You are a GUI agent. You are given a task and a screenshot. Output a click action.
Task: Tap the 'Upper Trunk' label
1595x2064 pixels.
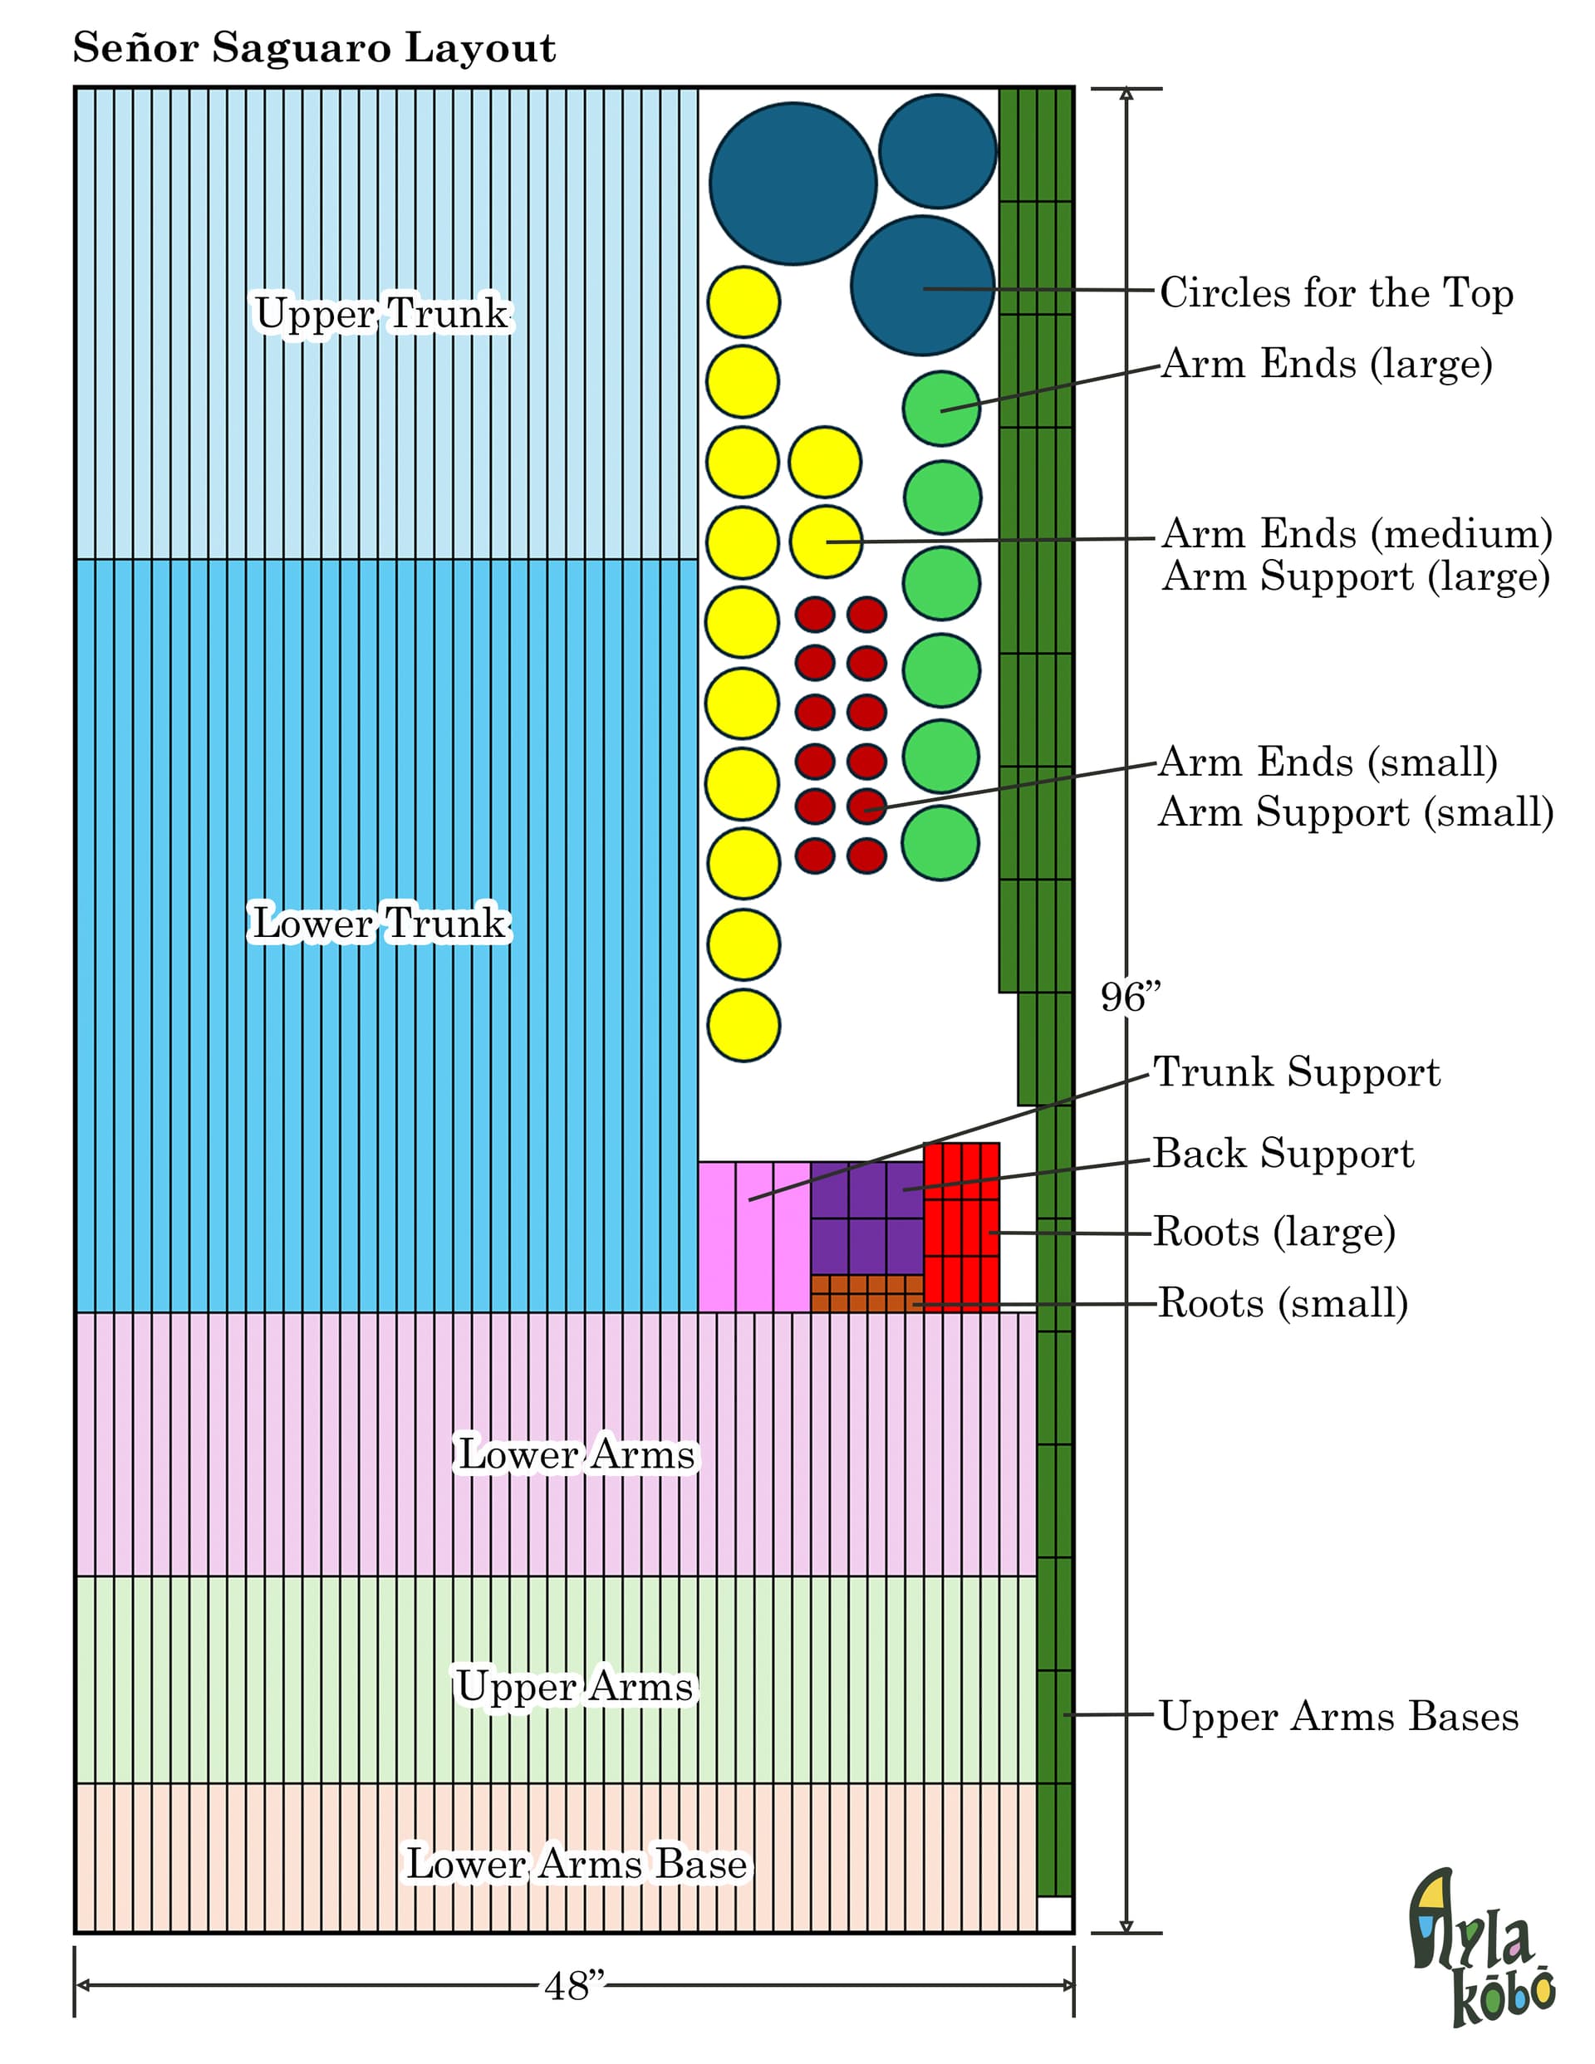pyautogui.click(x=382, y=314)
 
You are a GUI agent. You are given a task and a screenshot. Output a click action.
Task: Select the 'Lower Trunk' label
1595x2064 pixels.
pyautogui.click(x=380, y=923)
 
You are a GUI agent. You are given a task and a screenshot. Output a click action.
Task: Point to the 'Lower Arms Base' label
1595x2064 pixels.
pyautogui.click(x=577, y=1864)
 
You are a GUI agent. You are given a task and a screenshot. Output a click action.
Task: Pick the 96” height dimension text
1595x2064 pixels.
pyautogui.click(x=1130, y=997)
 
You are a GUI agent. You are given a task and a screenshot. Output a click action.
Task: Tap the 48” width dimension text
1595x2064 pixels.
pyautogui.click(x=574, y=1986)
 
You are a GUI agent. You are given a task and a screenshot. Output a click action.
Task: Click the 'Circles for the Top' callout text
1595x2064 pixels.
pyautogui.click(x=1337, y=294)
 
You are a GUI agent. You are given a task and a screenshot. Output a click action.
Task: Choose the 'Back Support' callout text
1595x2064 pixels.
pyautogui.click(x=1283, y=1154)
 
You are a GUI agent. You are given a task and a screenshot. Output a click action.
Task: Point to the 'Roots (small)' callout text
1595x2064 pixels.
pyautogui.click(x=1283, y=1303)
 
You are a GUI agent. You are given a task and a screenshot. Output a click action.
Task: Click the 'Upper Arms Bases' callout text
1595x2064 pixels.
pyautogui.click(x=1339, y=1716)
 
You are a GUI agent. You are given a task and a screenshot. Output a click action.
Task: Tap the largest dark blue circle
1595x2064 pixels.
pyautogui.click(x=793, y=184)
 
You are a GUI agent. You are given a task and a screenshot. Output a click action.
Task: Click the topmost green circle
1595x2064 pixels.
pyautogui.click(x=940, y=409)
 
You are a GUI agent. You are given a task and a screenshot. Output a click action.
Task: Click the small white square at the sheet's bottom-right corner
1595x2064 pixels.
pyautogui.click(x=1054, y=1914)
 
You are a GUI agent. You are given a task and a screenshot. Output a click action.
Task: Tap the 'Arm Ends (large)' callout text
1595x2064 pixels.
pyautogui.click(x=1327, y=365)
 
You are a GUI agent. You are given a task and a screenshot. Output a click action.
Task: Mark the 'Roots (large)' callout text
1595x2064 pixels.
pyautogui.click(x=1274, y=1233)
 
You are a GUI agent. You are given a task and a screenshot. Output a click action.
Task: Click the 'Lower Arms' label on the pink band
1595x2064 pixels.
pyautogui.click(x=577, y=1454)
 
